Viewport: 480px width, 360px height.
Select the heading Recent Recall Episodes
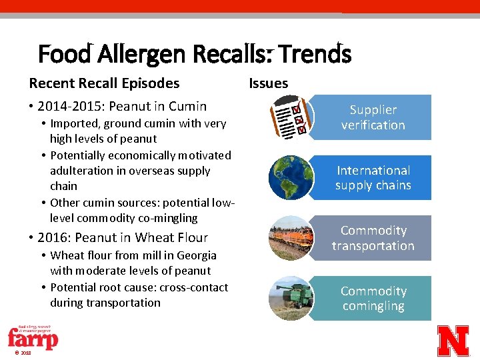tap(104, 83)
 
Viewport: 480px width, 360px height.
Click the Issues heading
tap(268, 83)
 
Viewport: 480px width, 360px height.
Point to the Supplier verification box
tap(373, 117)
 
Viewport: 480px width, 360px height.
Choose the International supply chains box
tap(373, 178)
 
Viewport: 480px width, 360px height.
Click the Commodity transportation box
tap(373, 238)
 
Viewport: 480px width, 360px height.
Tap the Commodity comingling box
tap(373, 299)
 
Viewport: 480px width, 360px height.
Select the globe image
tap(291, 178)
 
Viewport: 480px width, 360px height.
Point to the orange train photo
tap(291, 238)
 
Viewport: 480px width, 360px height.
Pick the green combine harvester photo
tap(291, 299)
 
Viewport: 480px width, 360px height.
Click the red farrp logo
tap(32, 339)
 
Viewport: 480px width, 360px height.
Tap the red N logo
tap(453, 341)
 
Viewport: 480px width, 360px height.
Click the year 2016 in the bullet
tap(52, 237)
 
